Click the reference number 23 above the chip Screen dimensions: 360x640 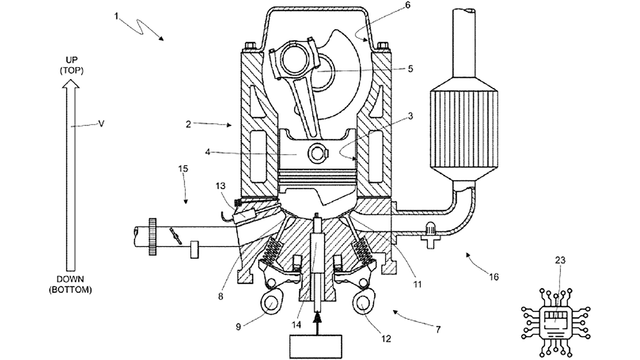tap(560, 261)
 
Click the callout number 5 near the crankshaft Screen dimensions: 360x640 tap(410, 69)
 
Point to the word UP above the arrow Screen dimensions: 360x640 tap(72, 60)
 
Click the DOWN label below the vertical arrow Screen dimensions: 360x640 tap(70, 279)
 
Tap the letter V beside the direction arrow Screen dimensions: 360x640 tap(101, 124)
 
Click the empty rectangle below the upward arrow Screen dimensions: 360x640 tap(316, 346)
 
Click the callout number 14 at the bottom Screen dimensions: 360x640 tap(296, 324)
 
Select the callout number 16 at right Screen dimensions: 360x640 tap(493, 277)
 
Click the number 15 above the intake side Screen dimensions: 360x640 tap(183, 169)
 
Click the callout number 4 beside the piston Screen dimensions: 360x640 tap(208, 152)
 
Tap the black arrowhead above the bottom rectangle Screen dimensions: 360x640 tap(317, 318)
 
